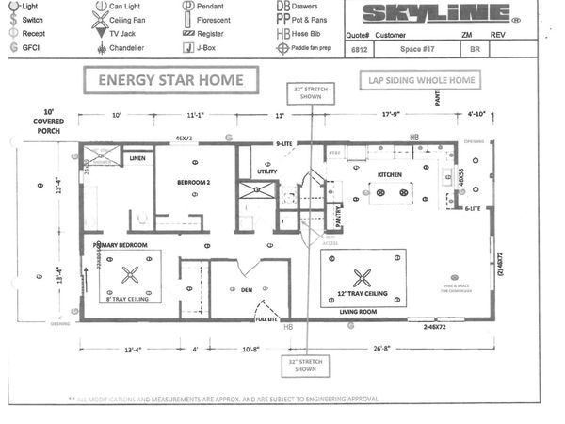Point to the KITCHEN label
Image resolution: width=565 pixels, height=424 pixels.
390,175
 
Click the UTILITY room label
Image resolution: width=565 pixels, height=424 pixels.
267,171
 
